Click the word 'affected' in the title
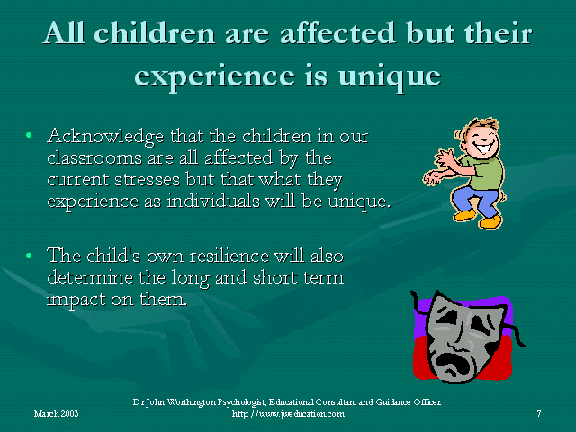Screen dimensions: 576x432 pos(337,33)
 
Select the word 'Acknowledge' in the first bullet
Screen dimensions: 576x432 pos(105,137)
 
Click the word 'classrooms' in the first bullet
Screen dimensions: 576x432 pos(94,158)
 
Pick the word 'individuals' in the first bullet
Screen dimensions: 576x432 pos(213,201)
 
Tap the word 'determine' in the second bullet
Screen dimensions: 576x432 pos(90,277)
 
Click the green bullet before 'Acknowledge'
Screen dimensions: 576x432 pos(29,136)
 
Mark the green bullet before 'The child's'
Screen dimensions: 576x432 pos(29,256)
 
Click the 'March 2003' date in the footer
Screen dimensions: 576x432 pos(56,414)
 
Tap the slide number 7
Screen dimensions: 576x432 pos(539,414)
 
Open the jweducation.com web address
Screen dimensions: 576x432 pos(288,414)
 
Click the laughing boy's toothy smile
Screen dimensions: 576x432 pos(482,147)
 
